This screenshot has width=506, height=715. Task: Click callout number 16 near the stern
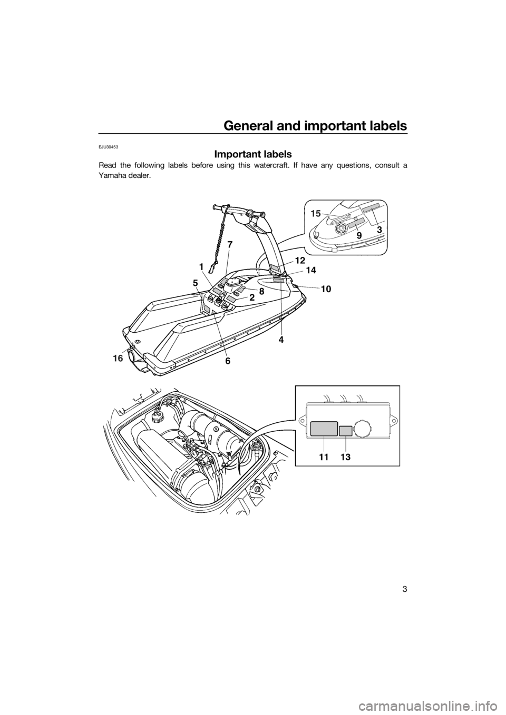[117, 359]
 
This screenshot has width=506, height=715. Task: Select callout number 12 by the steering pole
[300, 260]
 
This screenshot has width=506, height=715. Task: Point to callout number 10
[326, 290]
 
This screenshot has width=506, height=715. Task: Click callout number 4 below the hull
[281, 340]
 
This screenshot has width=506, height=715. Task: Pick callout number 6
[227, 361]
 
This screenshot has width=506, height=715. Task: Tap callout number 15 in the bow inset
[316, 214]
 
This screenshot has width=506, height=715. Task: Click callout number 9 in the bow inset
[359, 235]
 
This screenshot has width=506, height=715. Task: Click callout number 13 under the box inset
[345, 458]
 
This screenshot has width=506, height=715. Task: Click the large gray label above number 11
[324, 429]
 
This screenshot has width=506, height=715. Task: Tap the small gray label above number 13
[346, 431]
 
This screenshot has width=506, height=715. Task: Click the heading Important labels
[253, 154]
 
